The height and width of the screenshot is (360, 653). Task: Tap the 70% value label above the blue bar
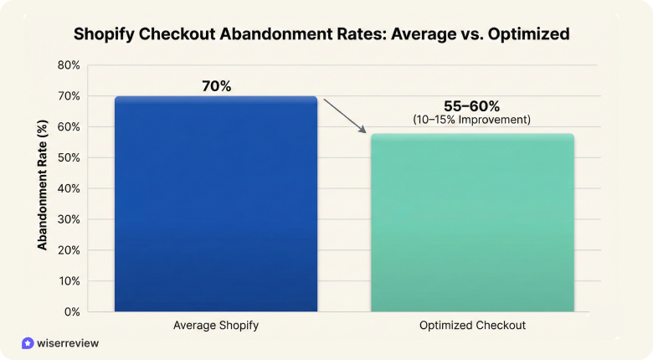(216, 85)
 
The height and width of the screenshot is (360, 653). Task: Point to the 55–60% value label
(471, 106)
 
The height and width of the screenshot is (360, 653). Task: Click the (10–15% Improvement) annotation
(471, 120)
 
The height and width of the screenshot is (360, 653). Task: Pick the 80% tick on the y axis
(68, 65)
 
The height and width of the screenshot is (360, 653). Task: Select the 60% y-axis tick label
(68, 127)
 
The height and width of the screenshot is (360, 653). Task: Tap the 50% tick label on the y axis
(68, 157)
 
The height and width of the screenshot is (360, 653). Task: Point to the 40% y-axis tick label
(68, 188)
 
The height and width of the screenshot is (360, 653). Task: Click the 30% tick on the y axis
(68, 219)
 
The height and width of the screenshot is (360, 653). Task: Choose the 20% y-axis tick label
(68, 250)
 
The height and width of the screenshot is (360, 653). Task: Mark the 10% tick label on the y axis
(68, 280)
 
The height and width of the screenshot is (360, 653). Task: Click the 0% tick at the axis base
(71, 311)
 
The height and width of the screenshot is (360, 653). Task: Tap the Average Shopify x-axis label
(216, 325)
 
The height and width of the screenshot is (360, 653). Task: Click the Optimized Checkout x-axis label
(471, 325)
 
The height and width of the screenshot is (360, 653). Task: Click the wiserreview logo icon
(28, 343)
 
